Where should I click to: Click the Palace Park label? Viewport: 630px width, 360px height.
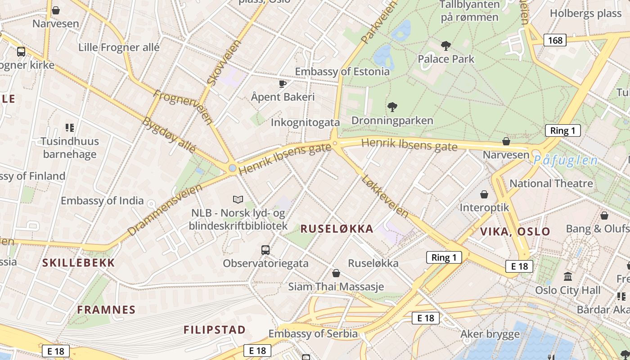point(446,59)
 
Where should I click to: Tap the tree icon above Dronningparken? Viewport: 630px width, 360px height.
point(392,107)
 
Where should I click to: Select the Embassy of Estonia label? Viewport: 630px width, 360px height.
point(342,72)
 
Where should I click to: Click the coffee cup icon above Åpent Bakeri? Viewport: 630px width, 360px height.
point(283,84)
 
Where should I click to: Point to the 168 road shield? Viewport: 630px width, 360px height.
point(555,40)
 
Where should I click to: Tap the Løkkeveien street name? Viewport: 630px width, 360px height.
point(385,197)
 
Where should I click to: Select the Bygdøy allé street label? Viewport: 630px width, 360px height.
point(169,135)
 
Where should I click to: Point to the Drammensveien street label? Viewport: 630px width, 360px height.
point(164,210)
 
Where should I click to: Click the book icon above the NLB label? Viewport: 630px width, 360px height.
point(238,199)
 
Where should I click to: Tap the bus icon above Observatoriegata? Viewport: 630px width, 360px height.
point(265,250)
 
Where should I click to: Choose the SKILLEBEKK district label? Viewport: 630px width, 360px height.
point(79,263)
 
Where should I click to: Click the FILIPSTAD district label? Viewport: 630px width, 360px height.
point(215,330)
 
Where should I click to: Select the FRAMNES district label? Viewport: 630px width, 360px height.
point(106,310)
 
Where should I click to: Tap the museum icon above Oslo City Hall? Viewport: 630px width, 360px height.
point(568,276)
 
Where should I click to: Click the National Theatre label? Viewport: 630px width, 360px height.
point(551,184)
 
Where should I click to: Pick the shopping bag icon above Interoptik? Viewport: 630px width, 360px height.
point(484,194)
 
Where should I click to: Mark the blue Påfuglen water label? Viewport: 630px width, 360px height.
point(566,160)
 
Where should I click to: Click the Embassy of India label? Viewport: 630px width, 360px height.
point(102,201)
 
